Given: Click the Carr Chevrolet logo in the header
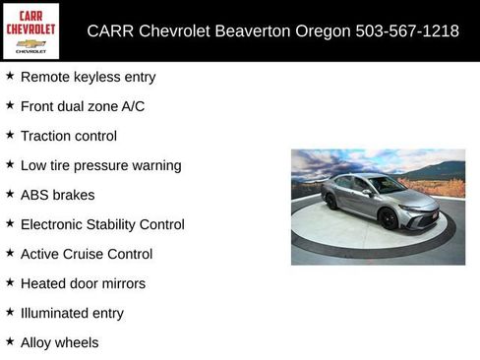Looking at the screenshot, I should point(30,30).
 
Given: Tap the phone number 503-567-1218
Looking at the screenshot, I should point(406,30).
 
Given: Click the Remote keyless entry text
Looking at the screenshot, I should point(88,77).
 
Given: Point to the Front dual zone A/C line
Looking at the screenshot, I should point(82,106).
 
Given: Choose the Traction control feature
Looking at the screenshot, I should point(68,136).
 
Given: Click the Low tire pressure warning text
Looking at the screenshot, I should point(100,165).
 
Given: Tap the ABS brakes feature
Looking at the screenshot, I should point(57,195).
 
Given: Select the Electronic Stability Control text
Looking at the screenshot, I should point(102,224).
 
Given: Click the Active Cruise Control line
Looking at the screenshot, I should point(87,254).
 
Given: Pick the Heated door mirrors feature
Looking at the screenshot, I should point(83,283).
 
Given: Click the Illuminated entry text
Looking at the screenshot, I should point(72,313).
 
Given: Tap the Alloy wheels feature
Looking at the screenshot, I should point(59,342).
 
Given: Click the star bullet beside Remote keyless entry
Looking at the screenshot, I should point(10,76).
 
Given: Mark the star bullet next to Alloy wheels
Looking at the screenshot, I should point(10,341).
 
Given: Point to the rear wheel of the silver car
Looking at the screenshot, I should point(331,202).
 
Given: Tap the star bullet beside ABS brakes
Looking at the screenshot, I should point(10,194).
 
